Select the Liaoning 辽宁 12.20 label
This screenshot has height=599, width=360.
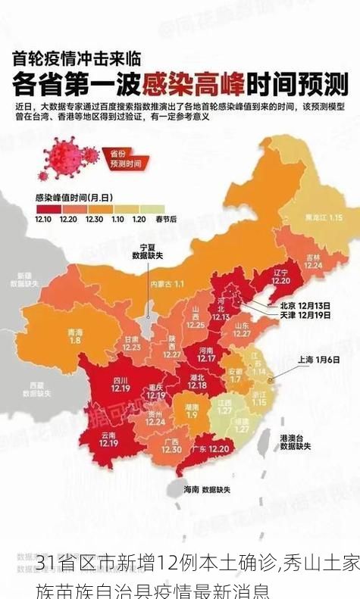[280, 276]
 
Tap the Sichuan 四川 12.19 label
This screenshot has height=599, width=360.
[120, 384]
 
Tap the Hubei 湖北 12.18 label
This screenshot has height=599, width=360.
[197, 382]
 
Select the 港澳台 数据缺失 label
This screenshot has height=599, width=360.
[295, 443]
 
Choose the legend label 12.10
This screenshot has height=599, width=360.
[44, 219]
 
